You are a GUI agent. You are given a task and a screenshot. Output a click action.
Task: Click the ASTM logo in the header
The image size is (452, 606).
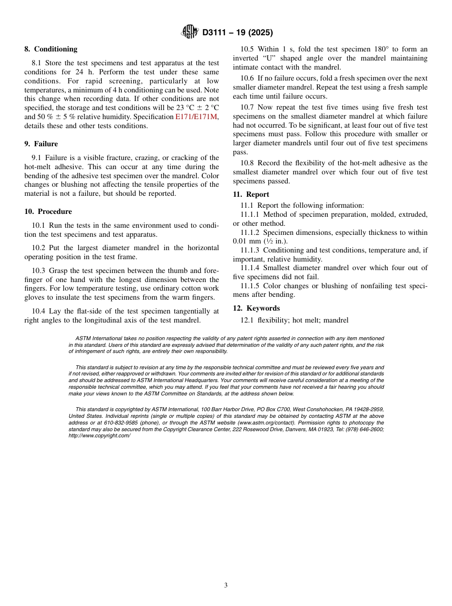coord(190,32)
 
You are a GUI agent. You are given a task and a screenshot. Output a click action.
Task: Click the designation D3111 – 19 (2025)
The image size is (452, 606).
coord(237,33)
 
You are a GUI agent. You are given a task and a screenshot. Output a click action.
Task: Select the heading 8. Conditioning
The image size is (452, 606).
coord(51,49)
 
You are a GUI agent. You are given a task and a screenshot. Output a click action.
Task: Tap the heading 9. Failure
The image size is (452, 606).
coord(41,144)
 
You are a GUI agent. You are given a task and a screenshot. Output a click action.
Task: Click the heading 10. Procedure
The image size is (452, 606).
coord(48,212)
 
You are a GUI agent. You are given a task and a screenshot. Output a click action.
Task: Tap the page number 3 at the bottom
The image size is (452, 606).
coord(226,586)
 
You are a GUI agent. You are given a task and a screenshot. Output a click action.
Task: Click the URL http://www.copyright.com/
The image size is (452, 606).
coord(99,435)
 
